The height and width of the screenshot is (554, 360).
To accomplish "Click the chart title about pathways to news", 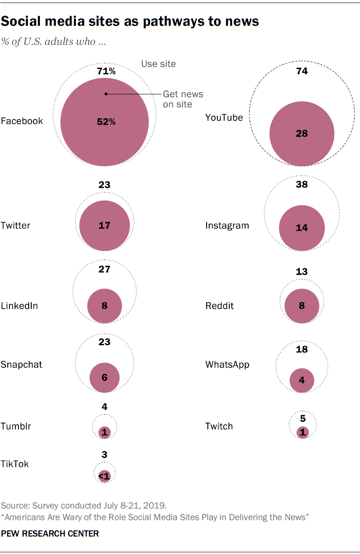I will pos(130,21).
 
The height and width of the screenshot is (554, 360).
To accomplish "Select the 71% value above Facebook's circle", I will pos(105,71).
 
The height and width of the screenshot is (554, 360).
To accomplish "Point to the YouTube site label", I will pos(224,117).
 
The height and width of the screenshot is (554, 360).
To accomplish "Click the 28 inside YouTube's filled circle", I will pos(302,134).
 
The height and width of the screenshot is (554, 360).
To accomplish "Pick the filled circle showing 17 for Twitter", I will pos(105,225).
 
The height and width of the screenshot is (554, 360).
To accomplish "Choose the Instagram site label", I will pos(227,226).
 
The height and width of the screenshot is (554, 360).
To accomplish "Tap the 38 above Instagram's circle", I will pos(302,185).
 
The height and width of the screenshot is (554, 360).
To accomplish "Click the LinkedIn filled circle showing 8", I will pos(105,306).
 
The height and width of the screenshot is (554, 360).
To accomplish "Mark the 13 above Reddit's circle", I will pos(302,271).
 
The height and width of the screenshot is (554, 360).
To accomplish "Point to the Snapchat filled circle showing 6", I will pos(105,377).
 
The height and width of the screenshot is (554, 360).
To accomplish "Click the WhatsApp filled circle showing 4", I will pos(302,380).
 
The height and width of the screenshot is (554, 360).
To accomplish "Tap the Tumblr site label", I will pos(16,426).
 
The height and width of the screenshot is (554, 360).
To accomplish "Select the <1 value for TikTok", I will pos(104,476).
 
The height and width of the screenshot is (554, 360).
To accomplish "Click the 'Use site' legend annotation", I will pos(159,64).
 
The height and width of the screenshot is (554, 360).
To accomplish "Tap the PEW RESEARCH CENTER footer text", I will pos(50,533).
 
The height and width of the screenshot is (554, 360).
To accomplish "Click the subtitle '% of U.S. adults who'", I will pos(54,42).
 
